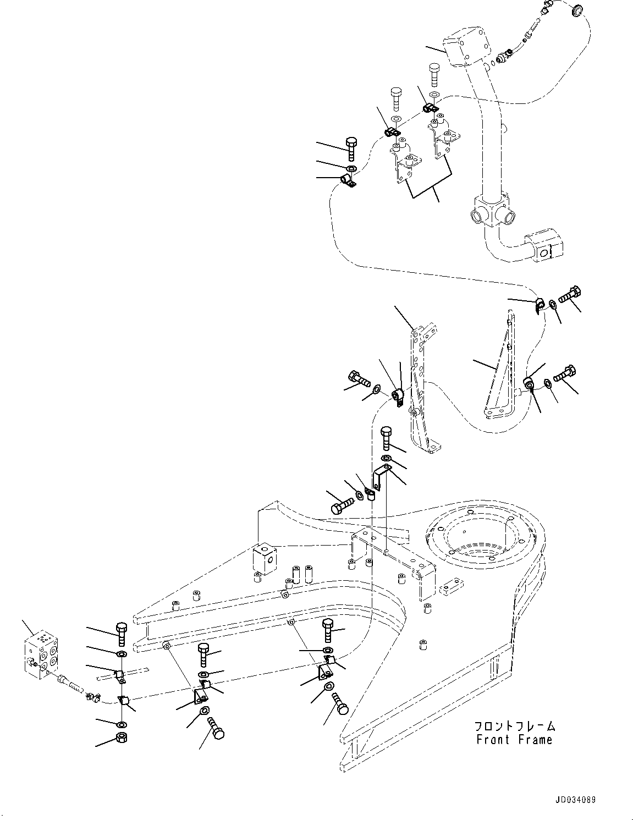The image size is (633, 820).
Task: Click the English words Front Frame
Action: coord(514,740)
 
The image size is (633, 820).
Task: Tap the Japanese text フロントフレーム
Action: coord(516,727)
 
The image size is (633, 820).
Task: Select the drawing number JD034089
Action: coord(575,800)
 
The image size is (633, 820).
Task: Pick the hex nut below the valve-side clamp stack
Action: coord(121,738)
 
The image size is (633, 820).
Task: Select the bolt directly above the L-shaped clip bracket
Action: coord(387,438)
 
